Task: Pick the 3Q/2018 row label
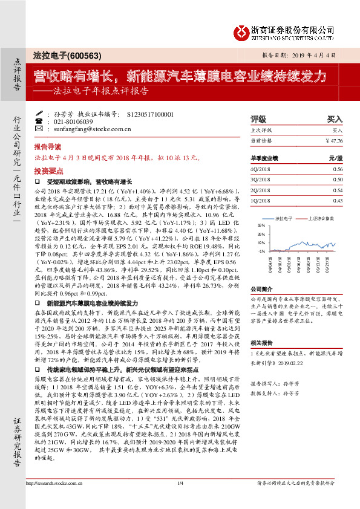tap(259, 180)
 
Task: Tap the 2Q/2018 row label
tap(259, 190)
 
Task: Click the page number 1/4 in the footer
tap(180, 499)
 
